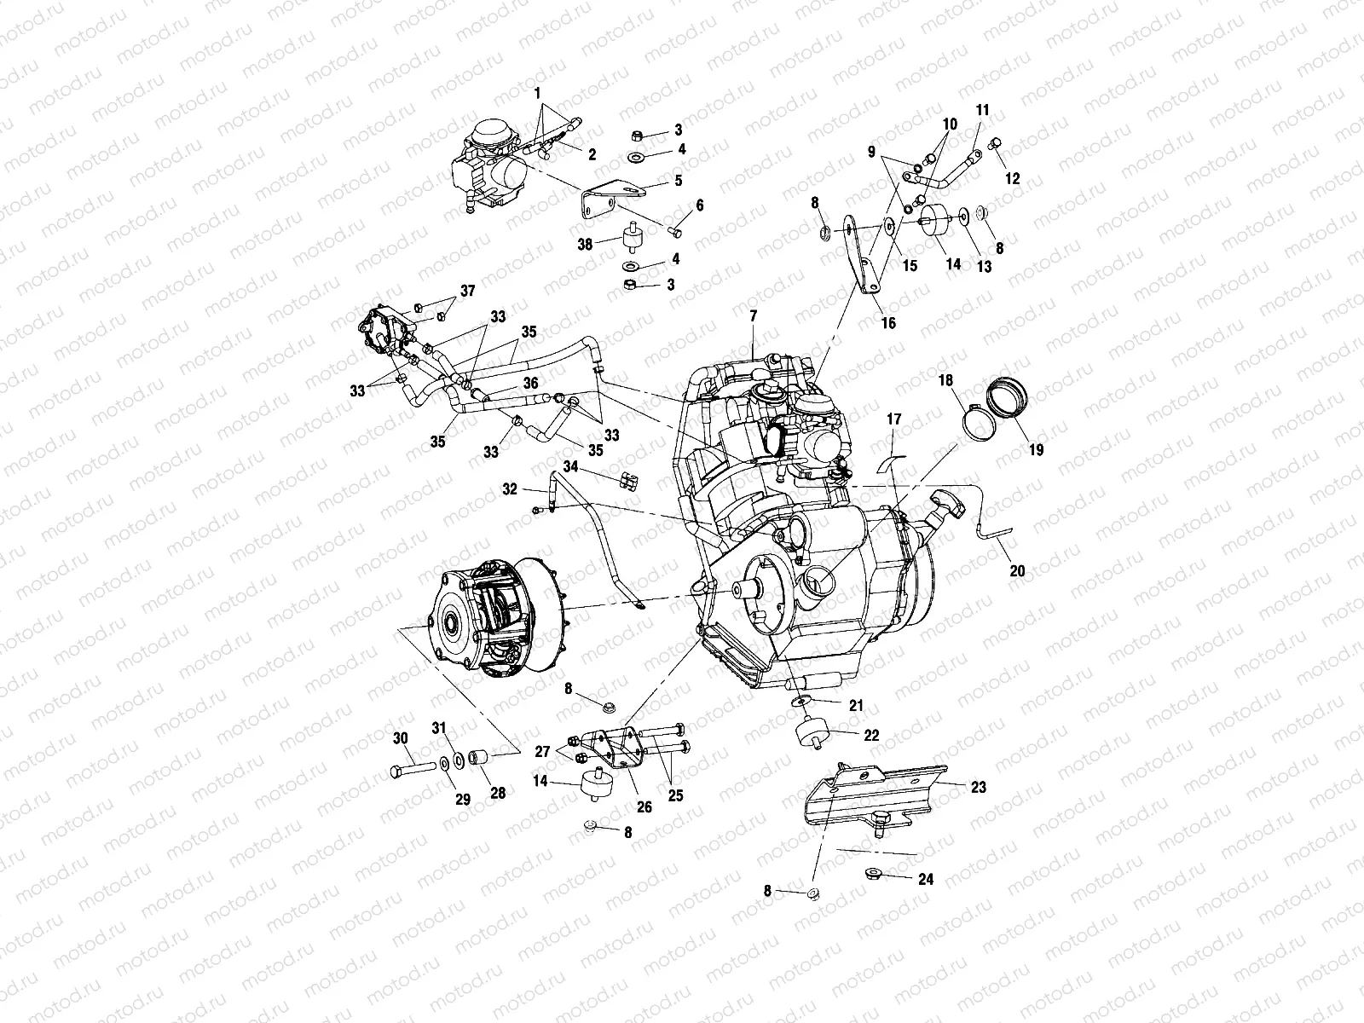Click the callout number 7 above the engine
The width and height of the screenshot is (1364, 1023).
pos(753,316)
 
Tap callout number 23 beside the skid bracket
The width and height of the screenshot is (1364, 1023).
pos(978,787)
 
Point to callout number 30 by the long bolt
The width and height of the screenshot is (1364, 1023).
pos(400,738)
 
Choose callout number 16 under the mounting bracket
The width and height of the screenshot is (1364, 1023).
pos(888,323)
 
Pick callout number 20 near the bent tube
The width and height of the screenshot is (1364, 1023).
pos(1017,570)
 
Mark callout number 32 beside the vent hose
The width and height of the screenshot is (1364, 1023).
pos(509,489)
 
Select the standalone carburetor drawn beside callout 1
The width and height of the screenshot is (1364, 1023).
pos(488,164)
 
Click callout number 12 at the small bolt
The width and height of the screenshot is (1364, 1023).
pos(1013,179)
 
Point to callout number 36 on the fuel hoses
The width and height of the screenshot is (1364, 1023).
pos(530,383)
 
